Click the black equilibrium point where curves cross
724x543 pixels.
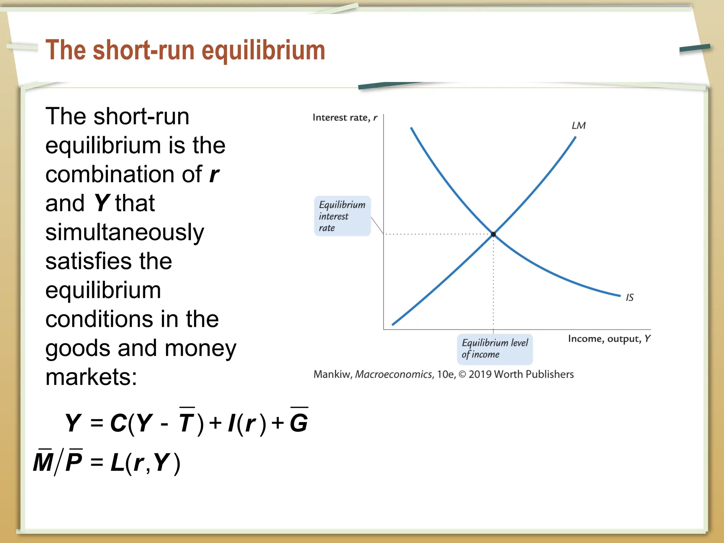coord(493,234)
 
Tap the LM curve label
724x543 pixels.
coord(578,125)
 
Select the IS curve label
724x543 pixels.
coord(630,297)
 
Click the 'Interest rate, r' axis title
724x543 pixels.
coord(345,117)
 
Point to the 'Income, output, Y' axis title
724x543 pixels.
coord(609,339)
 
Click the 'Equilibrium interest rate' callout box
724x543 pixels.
coord(342,216)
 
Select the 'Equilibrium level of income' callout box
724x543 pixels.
coord(495,349)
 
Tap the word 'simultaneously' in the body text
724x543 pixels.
coord(125,233)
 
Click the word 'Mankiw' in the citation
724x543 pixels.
coord(332,374)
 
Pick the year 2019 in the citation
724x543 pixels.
coord(480,374)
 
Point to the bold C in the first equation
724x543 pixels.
coord(118,422)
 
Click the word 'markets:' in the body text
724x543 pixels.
coord(91,377)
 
